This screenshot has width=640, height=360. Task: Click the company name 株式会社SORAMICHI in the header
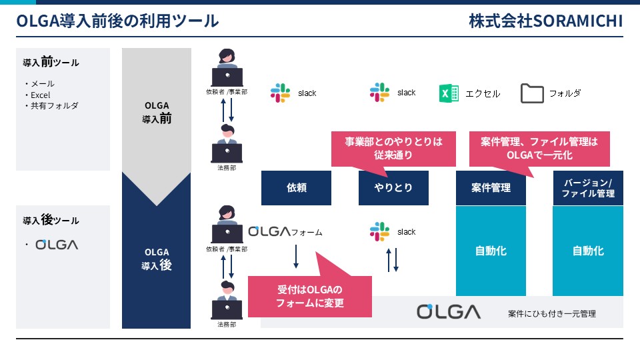click(x=546, y=21)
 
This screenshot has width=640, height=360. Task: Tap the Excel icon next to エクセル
click(x=449, y=93)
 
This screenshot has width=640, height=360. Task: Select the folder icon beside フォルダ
click(x=532, y=93)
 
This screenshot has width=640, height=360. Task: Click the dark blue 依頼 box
click(x=296, y=188)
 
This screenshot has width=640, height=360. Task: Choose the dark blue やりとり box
click(x=393, y=188)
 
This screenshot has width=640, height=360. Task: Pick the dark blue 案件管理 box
click(x=491, y=188)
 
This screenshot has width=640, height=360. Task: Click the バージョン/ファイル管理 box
click(x=588, y=188)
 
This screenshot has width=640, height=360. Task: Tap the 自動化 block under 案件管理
click(x=491, y=251)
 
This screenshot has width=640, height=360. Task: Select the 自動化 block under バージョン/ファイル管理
click(x=588, y=251)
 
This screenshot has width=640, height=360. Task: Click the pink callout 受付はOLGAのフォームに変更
click(x=310, y=296)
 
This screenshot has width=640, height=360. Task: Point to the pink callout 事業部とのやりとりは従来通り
click(x=393, y=149)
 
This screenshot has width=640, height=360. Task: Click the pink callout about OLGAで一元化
click(x=539, y=149)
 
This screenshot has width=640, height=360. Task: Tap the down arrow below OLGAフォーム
click(x=296, y=256)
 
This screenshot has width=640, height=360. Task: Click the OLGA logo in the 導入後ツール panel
click(x=57, y=245)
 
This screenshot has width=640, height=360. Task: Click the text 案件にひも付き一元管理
click(x=552, y=313)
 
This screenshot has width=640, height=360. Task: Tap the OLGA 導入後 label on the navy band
click(x=157, y=259)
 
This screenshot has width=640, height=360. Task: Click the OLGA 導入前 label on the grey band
click(x=157, y=112)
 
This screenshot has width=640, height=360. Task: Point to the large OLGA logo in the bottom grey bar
click(x=449, y=311)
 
